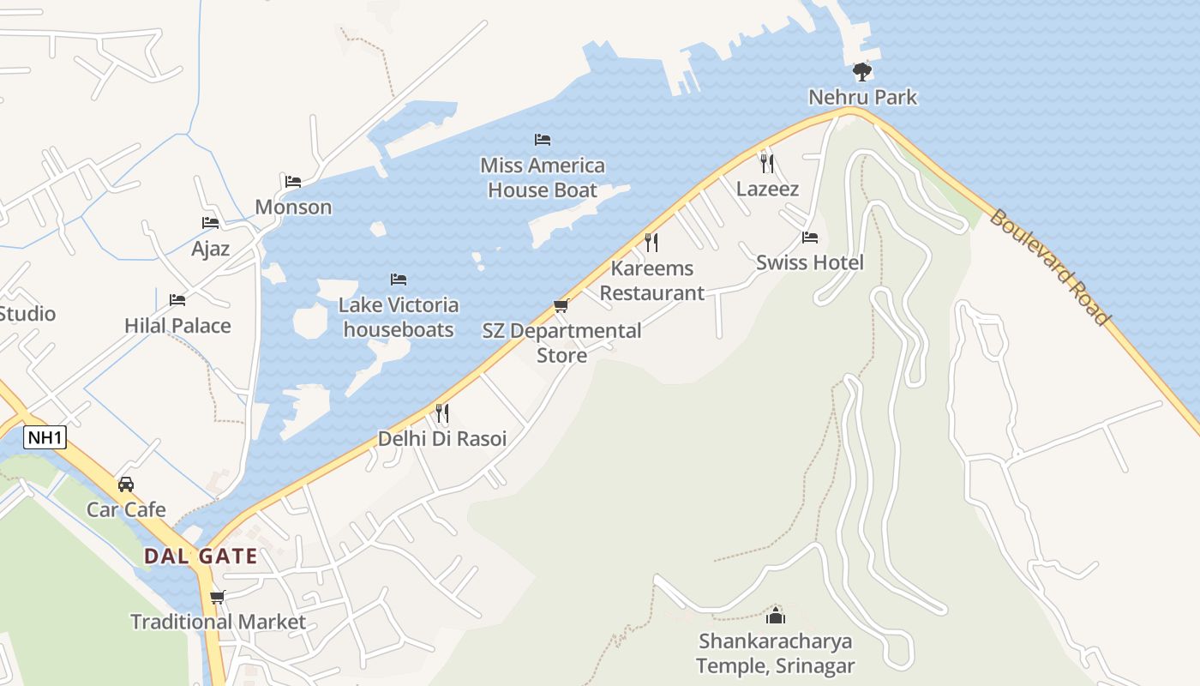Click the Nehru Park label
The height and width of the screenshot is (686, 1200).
tap(862, 97)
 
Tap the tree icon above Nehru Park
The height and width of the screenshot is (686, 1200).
tap(862, 71)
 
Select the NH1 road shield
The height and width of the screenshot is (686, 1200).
tap(45, 437)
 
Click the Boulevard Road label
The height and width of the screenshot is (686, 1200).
tap(1050, 267)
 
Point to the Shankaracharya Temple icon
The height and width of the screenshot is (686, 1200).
tap(776, 615)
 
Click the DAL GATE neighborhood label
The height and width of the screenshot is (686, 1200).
tap(201, 556)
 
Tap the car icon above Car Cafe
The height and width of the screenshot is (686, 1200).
tap(126, 484)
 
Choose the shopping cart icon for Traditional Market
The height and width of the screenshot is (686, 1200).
tap(218, 596)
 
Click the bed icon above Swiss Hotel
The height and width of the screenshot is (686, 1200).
tap(810, 237)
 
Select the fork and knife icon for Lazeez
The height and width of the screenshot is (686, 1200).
tap(767, 163)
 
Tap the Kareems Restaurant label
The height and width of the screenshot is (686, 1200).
tap(651, 280)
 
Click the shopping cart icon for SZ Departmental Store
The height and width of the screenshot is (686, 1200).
tap(561, 305)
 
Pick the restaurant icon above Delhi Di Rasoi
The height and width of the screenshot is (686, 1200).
tap(442, 413)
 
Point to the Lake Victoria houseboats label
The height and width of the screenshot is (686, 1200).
tap(399, 316)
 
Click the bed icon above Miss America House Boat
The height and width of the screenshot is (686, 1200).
tap(543, 139)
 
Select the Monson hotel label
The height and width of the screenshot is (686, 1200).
tap(293, 207)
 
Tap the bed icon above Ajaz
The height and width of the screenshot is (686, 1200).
tap(210, 222)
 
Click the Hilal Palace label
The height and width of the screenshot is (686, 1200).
tap(177, 325)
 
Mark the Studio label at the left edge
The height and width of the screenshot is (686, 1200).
tap(27, 313)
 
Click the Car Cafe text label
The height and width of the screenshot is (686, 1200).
tap(126, 509)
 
